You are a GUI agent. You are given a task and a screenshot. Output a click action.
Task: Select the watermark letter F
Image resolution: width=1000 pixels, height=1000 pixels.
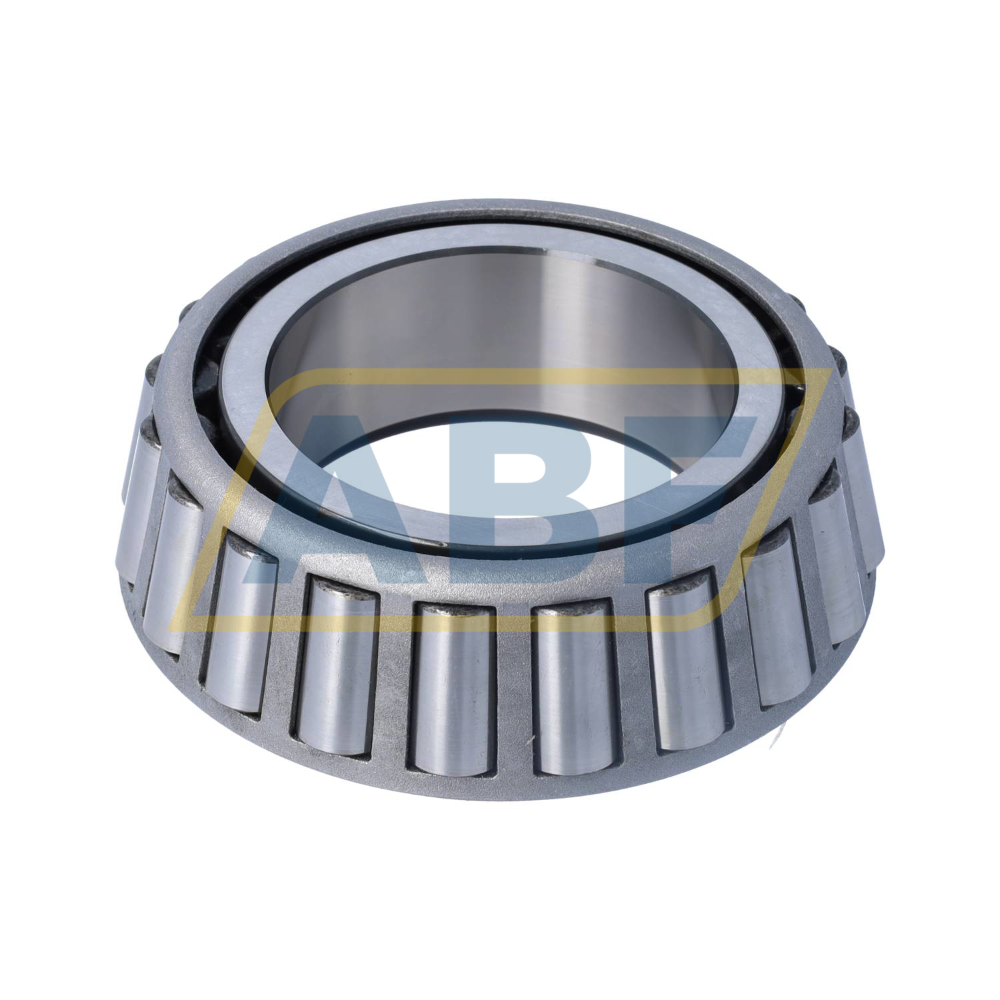pyautogui.click(x=673, y=493)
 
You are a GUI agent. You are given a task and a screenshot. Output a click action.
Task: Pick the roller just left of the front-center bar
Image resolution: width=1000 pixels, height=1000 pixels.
pyautogui.click(x=453, y=693)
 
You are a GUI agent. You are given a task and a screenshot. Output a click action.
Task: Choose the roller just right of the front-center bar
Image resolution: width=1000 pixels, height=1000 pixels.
pyautogui.click(x=573, y=693)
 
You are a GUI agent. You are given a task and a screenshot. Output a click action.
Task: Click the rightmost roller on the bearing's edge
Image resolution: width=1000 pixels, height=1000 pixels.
pyautogui.click(x=867, y=493)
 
